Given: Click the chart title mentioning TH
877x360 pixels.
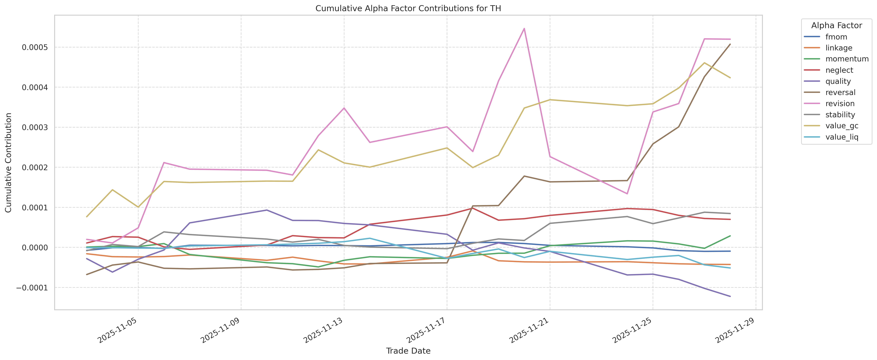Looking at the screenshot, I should pos(408,9).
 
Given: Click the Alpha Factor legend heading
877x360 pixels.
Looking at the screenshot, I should pos(837,26).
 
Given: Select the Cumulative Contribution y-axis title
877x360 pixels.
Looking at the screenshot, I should pos(9,163).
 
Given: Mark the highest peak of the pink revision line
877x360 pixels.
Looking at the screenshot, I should pos(524,28).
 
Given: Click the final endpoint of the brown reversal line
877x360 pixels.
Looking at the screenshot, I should pos(730,44).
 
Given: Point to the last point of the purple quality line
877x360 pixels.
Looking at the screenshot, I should pos(730,296).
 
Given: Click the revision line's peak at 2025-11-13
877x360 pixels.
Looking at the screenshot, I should pos(344,108).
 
